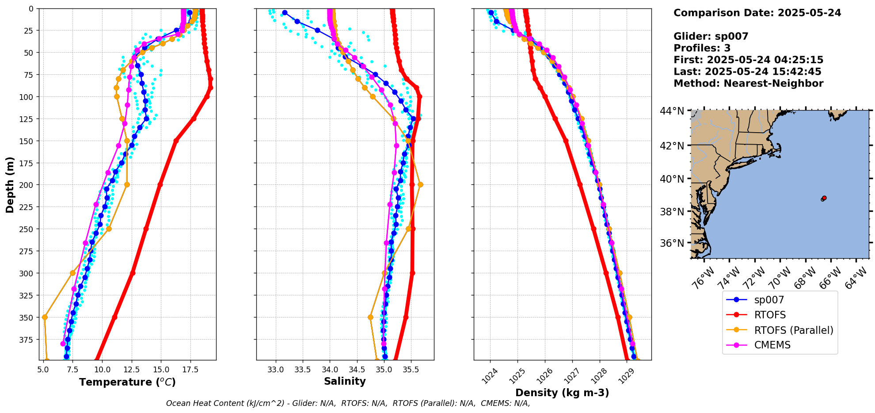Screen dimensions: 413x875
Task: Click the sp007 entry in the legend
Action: pyautogui.click(x=768, y=300)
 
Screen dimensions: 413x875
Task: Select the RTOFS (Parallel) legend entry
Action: pyautogui.click(x=793, y=330)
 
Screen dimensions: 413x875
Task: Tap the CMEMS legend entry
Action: pyautogui.click(x=772, y=345)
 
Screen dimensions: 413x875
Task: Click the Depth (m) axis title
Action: pyautogui.click(x=10, y=184)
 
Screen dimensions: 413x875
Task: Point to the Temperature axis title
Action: pyautogui.click(x=127, y=382)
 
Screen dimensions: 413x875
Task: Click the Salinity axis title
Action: pyautogui.click(x=345, y=381)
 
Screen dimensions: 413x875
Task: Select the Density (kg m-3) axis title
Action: pyautogui.click(x=562, y=393)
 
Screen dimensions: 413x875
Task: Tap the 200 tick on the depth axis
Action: pyautogui.click(x=27, y=185)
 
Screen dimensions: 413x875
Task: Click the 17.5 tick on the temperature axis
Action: pyautogui.click(x=190, y=369)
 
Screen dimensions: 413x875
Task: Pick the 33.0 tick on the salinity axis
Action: pyautogui.click(x=276, y=369)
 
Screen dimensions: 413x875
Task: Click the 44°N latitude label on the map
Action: pyautogui.click(x=672, y=111)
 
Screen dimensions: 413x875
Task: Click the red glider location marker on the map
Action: pyautogui.click(x=824, y=198)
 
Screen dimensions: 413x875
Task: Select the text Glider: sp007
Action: pyautogui.click(x=711, y=36)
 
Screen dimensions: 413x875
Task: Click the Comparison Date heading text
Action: pyautogui.click(x=757, y=13)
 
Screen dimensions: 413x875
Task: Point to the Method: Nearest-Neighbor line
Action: pyautogui.click(x=748, y=84)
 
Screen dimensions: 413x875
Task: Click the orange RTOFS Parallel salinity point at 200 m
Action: pyautogui.click(x=420, y=184)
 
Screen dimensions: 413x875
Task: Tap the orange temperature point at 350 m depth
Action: pyautogui.click(x=45, y=317)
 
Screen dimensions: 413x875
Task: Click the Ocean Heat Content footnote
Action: pyautogui.click(x=348, y=403)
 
